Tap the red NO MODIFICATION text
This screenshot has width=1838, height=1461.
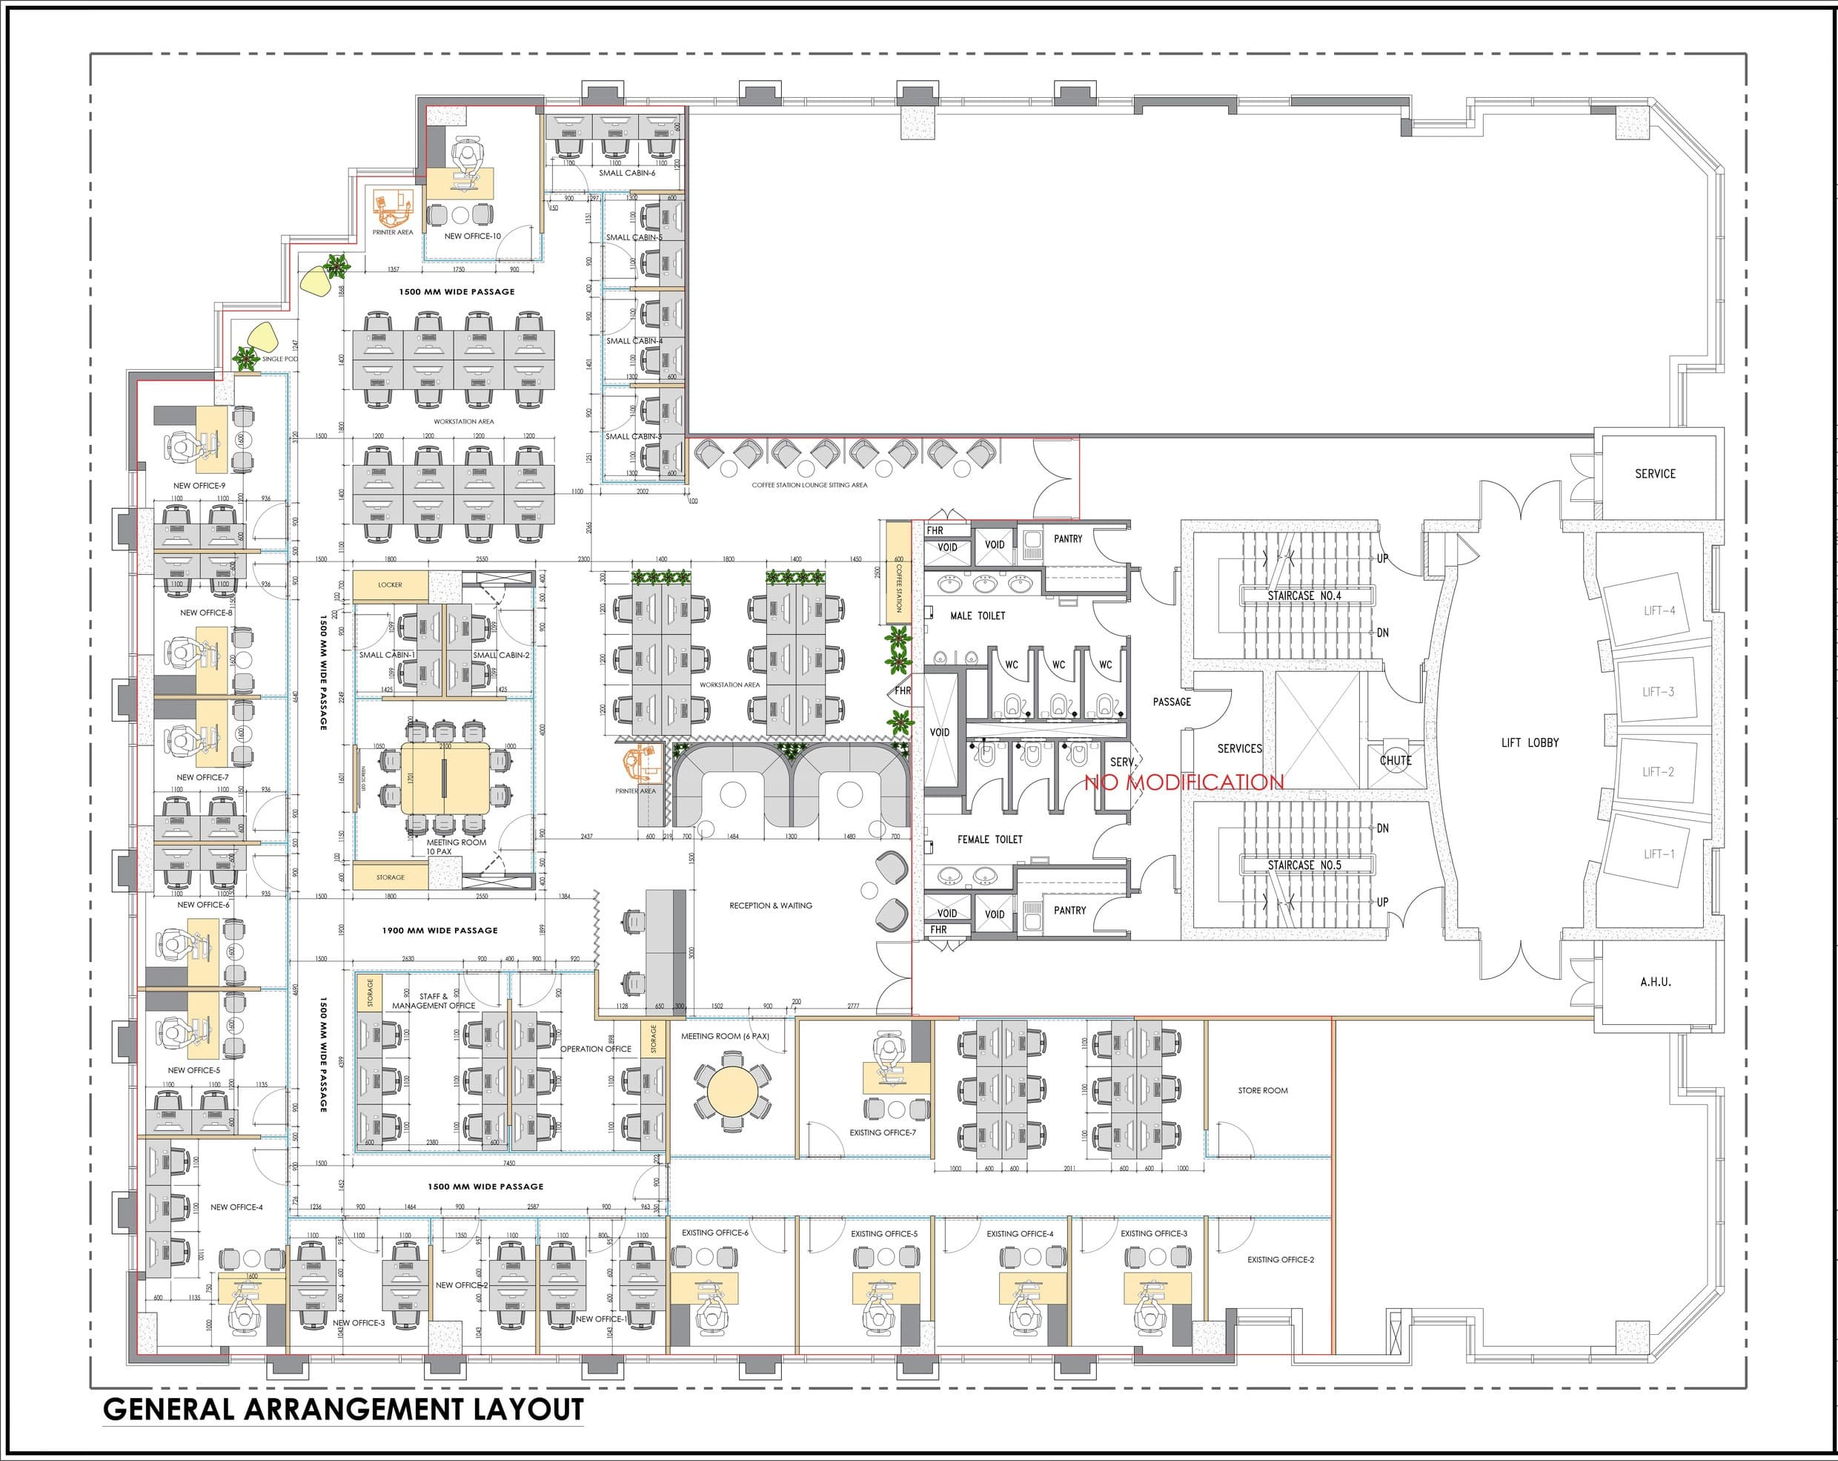tap(1184, 782)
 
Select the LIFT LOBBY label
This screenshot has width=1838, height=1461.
tap(1530, 743)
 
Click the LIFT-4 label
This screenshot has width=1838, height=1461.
tap(1659, 610)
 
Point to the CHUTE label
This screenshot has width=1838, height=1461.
tap(1396, 760)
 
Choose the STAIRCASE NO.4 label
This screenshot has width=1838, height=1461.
tap(1304, 596)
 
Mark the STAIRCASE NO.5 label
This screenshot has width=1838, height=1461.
tap(1304, 865)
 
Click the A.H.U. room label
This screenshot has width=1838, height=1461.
tap(1655, 982)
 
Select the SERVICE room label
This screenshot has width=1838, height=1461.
tap(1655, 473)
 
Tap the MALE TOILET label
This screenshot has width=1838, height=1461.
tap(977, 616)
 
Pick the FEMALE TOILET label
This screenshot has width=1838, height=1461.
tap(989, 840)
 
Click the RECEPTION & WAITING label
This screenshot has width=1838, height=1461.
tap(770, 906)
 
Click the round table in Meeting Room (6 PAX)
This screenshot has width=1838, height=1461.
tap(730, 1094)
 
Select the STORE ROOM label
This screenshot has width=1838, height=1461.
tap(1263, 1091)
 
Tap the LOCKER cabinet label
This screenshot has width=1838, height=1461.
tap(390, 585)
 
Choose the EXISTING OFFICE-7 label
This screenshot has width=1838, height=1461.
tap(883, 1132)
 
